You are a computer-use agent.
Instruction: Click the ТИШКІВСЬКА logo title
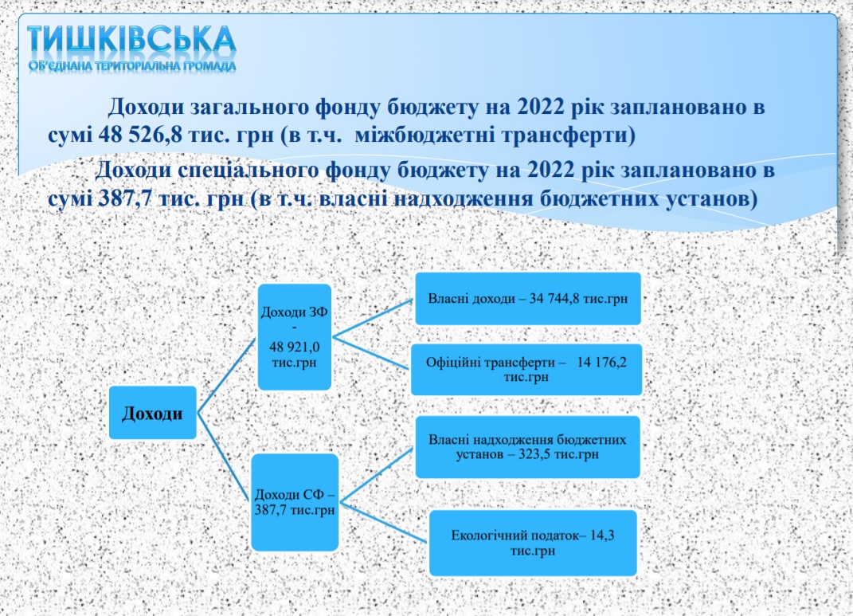pyautogui.click(x=131, y=41)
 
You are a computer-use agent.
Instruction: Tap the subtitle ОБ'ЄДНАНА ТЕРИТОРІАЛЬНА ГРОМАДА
pyautogui.click(x=132, y=66)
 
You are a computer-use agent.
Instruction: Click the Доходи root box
pyautogui.click(x=152, y=413)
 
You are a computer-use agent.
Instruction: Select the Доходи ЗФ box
pyautogui.click(x=295, y=337)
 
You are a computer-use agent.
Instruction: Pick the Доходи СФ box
pyautogui.click(x=295, y=502)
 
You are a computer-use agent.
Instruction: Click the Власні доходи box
pyautogui.click(x=528, y=299)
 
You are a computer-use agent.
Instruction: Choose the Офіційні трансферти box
pyautogui.click(x=526, y=370)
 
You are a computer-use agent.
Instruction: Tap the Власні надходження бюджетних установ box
pyautogui.click(x=528, y=447)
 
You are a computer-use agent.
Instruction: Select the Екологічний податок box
pyautogui.click(x=533, y=543)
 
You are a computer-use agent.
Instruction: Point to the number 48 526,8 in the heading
pyautogui.click(x=140, y=135)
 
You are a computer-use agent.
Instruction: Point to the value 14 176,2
pyautogui.click(x=601, y=363)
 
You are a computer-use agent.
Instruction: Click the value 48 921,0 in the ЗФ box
pyautogui.click(x=295, y=347)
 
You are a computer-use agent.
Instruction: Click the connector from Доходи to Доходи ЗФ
pyautogui.click(x=226, y=375)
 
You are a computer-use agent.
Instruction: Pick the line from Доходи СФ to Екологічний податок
pyautogui.click(x=384, y=523)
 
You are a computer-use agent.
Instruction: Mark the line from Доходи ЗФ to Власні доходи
pyautogui.click(x=374, y=318)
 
